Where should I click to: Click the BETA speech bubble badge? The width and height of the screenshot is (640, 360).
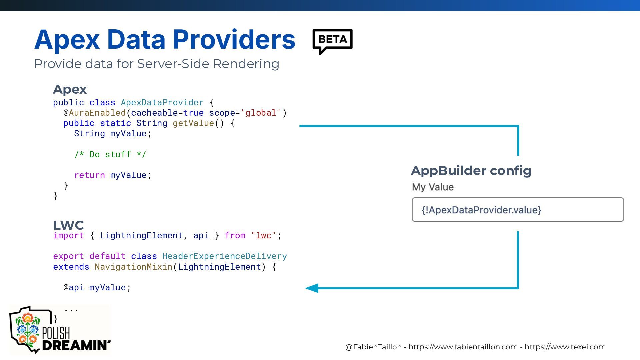click(332, 40)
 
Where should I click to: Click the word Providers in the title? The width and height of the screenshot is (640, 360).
click(234, 40)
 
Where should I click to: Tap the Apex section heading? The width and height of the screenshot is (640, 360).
click(70, 89)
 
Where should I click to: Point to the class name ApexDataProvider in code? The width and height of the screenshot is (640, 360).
click(162, 102)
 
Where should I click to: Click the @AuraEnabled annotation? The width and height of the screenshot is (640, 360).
click(95, 113)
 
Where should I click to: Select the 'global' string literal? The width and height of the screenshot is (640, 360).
click(261, 113)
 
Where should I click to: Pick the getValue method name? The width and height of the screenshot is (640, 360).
click(193, 123)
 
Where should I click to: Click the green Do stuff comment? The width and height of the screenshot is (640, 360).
click(110, 154)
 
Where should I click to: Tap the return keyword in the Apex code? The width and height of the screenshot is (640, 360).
click(89, 175)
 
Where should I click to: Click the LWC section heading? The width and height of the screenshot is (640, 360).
click(68, 225)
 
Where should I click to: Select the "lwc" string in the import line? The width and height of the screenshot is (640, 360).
click(263, 236)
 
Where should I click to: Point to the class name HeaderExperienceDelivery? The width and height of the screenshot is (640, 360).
click(224, 256)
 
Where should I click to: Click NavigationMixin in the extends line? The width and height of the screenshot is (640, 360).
click(133, 267)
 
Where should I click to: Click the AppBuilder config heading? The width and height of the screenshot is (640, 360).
click(471, 171)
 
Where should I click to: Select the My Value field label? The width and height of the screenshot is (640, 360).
click(433, 187)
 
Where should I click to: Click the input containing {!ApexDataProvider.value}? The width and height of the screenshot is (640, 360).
click(518, 210)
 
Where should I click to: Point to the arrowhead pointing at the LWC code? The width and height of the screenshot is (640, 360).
click(312, 288)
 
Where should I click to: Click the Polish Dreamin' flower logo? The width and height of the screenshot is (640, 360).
click(27, 329)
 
